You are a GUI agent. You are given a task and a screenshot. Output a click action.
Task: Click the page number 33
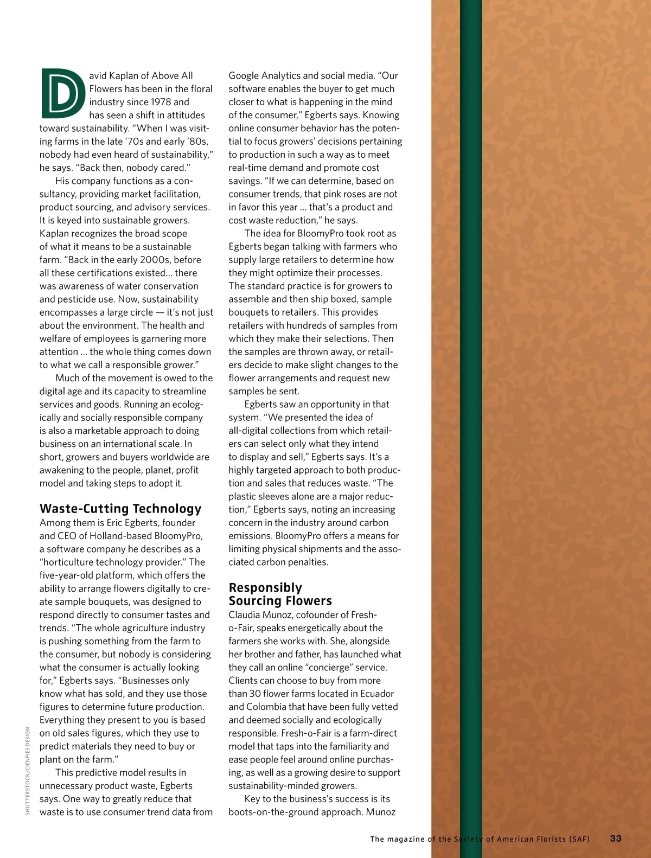616,838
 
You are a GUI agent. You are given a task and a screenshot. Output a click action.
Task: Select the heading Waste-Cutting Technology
120,509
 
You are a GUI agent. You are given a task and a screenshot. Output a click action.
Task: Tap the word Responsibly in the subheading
265,588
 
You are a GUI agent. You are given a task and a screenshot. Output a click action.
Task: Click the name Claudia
246,615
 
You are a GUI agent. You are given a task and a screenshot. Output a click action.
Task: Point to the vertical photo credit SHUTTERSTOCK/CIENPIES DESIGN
28,770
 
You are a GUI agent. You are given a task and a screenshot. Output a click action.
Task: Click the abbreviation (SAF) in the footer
579,839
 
